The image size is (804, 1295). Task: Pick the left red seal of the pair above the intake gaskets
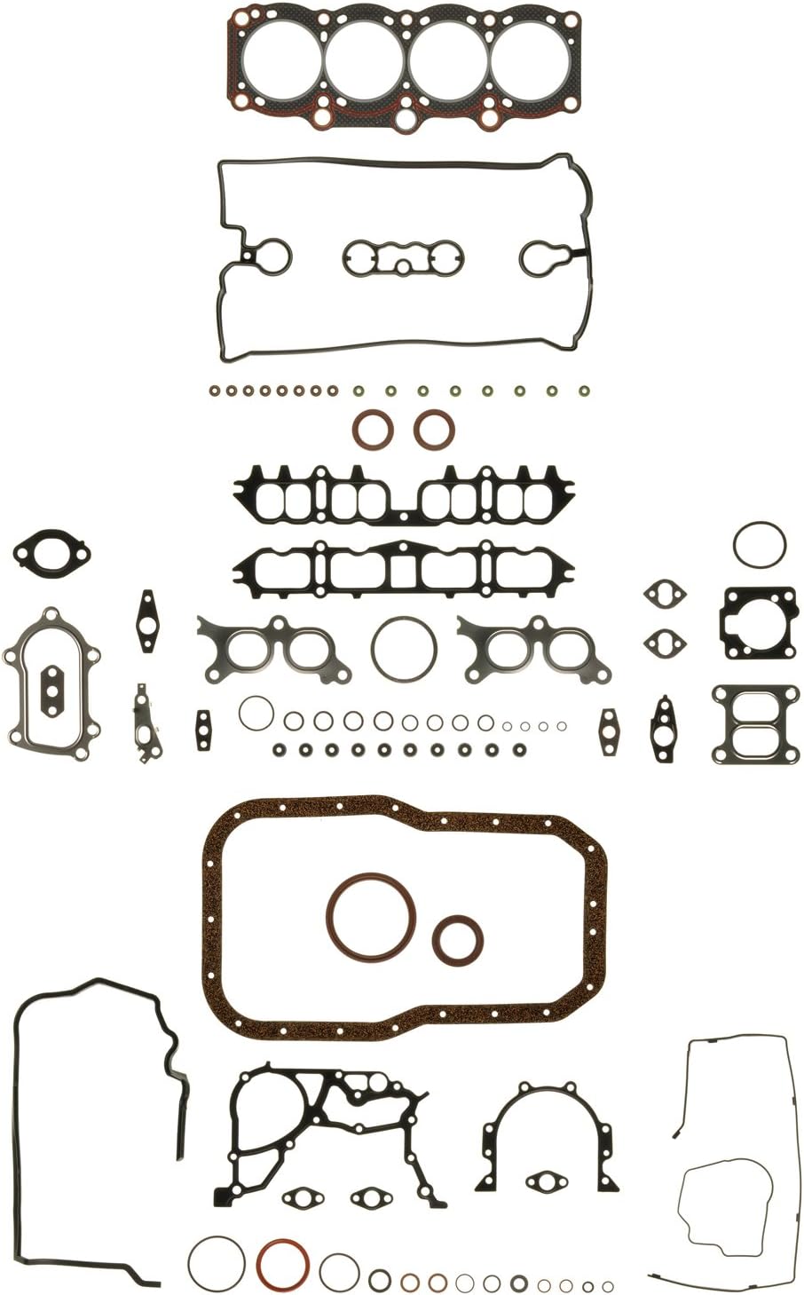(372, 430)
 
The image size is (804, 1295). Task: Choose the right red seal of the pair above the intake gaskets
(434, 430)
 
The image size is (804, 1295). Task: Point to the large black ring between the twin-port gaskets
(404, 648)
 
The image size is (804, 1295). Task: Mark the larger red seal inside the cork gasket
(366, 916)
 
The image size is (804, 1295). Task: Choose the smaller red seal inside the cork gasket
(458, 939)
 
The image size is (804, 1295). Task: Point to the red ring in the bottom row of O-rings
(283, 1266)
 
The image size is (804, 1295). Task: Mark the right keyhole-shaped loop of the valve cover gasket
(546, 257)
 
